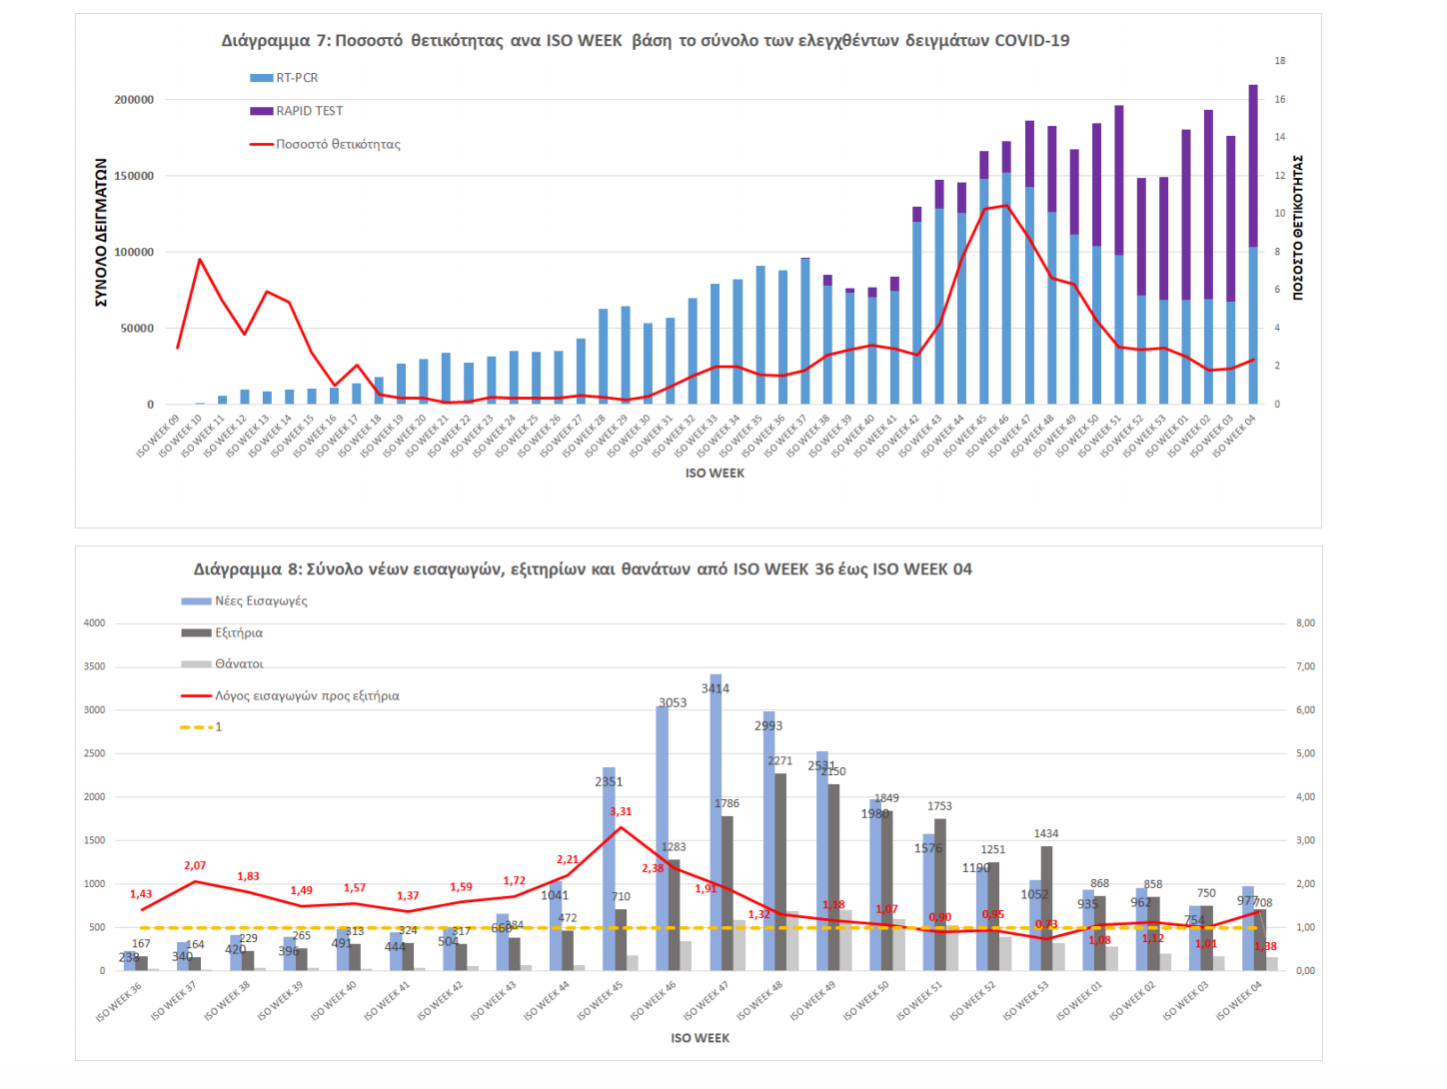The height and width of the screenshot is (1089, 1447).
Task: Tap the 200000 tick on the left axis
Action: coord(135,100)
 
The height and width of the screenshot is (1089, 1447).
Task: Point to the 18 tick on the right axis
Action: coord(1280,61)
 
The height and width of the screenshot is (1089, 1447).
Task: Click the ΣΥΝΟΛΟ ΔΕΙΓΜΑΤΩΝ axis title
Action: coord(101,232)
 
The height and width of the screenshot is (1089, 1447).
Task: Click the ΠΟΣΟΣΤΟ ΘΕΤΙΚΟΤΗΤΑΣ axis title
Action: coord(1298,227)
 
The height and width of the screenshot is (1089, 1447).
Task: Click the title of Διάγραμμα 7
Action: coord(645,41)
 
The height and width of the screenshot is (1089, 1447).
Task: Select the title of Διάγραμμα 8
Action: coord(583,569)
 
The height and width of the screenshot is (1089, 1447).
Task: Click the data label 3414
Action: coord(716,688)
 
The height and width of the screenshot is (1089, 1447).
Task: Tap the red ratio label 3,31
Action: coord(621,811)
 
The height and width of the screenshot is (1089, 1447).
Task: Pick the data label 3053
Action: coord(673,702)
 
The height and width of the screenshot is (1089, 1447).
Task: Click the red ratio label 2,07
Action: coord(195,865)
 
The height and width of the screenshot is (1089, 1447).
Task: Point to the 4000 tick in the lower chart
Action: coord(95,623)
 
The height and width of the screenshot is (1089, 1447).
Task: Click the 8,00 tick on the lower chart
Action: coord(1305,623)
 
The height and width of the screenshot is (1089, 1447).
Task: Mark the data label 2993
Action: coord(768,725)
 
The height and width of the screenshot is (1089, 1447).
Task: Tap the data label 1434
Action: coord(1046,833)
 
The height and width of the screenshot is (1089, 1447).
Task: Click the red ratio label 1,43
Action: coord(141,894)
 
